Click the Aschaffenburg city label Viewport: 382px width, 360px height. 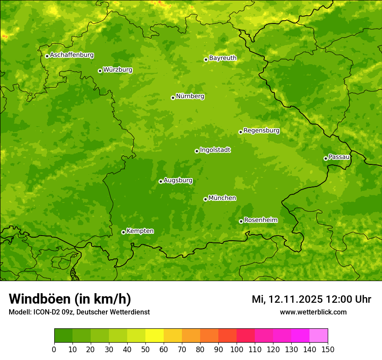click(72, 55)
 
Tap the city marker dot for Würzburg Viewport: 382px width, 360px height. click(100, 71)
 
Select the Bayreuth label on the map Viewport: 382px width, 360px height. click(223, 58)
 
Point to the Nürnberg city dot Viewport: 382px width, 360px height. click(173, 98)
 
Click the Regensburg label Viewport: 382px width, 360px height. click(261, 131)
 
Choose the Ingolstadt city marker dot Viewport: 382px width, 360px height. click(197, 151)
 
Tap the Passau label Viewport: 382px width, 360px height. click(339, 157)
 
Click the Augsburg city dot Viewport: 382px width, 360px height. click(161, 181)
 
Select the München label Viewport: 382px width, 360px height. click(222, 198)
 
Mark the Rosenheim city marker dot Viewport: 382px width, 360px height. click(241, 221)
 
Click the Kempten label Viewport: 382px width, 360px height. click(140, 231)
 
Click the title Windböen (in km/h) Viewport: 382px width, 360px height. click(69, 299)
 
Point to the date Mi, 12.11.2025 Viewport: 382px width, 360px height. click(287, 299)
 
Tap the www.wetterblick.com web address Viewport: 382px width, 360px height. click(313, 312)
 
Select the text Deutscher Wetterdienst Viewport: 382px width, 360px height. click(113, 312)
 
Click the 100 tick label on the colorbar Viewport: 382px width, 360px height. click(236, 350)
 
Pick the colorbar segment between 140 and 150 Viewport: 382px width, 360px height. click(319, 336)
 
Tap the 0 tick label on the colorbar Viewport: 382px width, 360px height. click(54, 350)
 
